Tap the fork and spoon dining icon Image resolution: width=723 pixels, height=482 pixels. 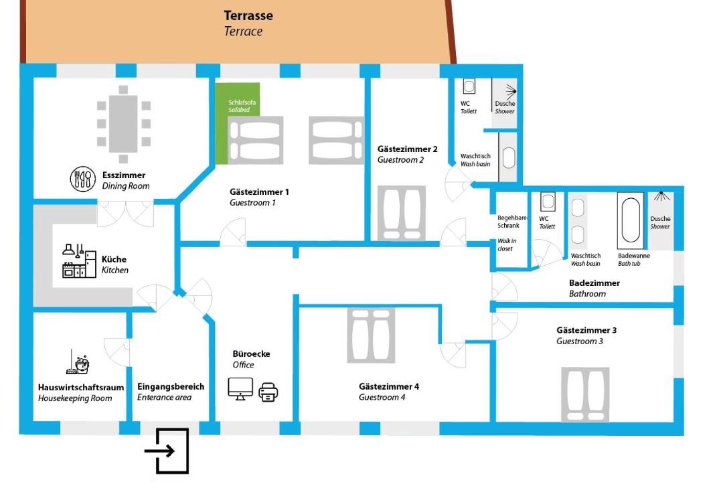pos(84,179)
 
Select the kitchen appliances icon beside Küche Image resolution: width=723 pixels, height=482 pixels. pos(79,261)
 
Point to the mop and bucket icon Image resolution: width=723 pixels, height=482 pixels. pos(78,362)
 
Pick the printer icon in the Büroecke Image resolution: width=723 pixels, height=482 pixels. pos(268,391)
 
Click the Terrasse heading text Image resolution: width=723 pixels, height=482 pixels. pos(248,15)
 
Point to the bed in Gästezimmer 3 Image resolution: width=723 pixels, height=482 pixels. pos(585,394)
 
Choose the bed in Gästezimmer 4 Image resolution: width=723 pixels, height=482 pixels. pos(370,336)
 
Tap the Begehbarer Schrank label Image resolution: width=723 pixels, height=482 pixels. pos(513,222)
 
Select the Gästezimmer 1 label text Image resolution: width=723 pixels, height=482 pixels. pos(259,191)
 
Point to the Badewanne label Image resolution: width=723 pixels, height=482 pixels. pos(633,256)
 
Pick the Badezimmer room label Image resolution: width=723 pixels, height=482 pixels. pos(594,283)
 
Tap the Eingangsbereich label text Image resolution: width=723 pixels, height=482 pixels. pos(171,386)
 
